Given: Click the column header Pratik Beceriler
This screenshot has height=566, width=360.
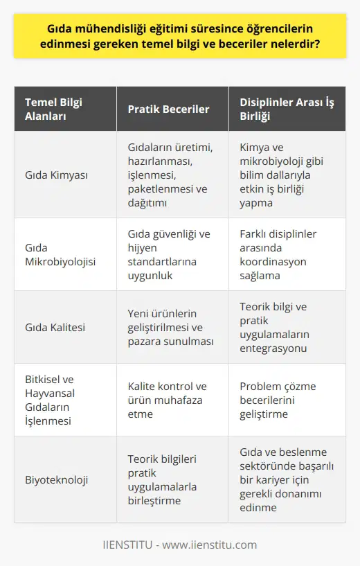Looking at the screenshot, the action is click(x=169, y=110).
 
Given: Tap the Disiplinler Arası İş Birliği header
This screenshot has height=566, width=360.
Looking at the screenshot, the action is click(x=285, y=110).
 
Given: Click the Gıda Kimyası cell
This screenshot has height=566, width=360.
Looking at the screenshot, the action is click(x=55, y=176).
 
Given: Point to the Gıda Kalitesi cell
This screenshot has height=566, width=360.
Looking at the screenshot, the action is click(x=55, y=326).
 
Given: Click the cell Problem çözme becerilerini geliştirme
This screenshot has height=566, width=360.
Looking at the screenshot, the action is click(x=287, y=400).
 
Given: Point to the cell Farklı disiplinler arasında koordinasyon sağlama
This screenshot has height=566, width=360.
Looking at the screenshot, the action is click(x=287, y=254).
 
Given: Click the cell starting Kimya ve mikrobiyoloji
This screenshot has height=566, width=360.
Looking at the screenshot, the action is click(x=287, y=176).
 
